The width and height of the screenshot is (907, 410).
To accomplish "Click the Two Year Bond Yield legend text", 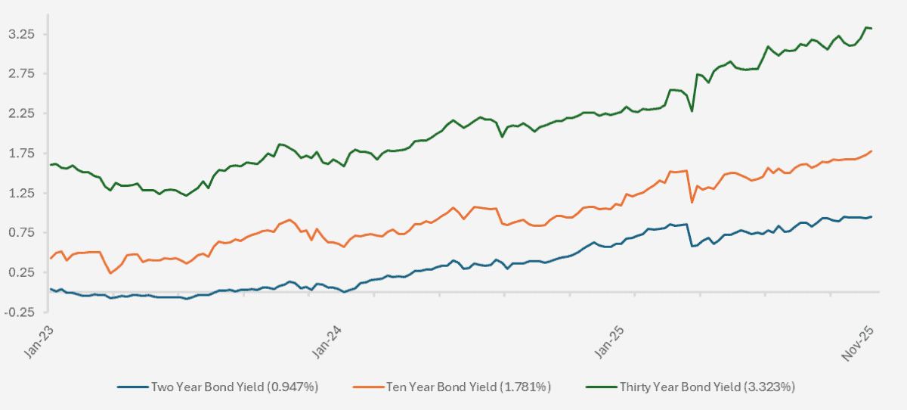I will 235,387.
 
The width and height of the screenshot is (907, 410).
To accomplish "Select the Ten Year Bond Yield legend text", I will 469,387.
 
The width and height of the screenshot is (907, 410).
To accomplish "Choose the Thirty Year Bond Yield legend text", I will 707,387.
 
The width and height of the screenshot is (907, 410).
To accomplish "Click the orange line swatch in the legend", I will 367,387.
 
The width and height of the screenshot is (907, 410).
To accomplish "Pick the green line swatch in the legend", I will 602,387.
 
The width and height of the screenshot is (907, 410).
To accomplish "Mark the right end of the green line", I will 871,29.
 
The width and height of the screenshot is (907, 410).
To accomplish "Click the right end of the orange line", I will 871,151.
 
